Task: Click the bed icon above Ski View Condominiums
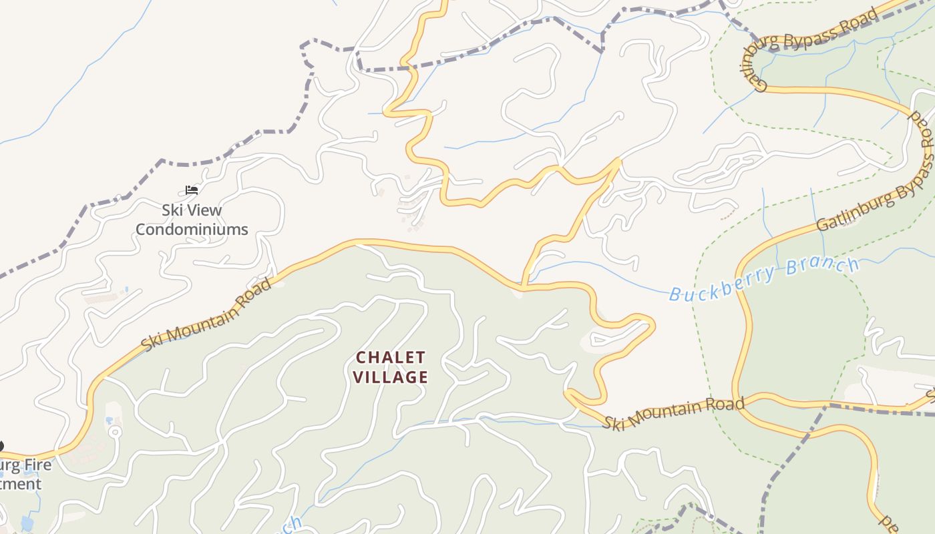click(x=192, y=190)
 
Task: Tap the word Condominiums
click(x=192, y=230)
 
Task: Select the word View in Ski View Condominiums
click(x=204, y=210)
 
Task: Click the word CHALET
click(x=391, y=357)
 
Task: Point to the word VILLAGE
click(x=391, y=377)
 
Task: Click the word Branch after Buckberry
click(x=823, y=267)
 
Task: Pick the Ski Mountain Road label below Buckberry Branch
click(x=673, y=413)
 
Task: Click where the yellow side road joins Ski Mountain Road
click(x=524, y=287)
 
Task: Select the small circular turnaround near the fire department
click(x=115, y=432)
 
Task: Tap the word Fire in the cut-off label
click(x=36, y=465)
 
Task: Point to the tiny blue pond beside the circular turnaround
click(x=110, y=421)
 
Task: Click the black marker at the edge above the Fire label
click(x=1, y=446)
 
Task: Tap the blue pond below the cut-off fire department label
click(x=27, y=522)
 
